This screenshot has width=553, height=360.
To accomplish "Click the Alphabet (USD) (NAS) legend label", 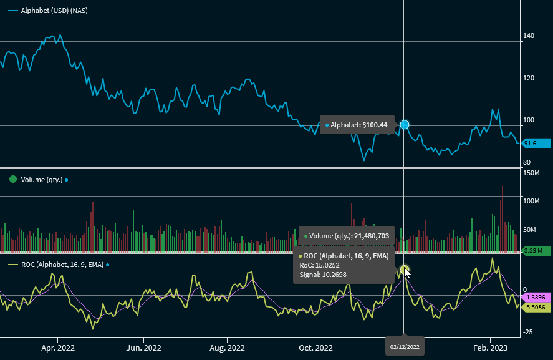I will click(54, 11).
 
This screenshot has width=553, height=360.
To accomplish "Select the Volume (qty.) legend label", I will click(42, 180).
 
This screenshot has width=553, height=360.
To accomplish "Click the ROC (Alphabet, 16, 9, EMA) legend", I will click(62, 265).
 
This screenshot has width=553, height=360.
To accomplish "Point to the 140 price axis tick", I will click(529, 36).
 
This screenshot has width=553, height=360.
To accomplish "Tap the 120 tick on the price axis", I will click(529, 79).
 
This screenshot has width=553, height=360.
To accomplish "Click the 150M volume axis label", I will click(532, 172).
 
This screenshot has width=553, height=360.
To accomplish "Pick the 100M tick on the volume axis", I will click(532, 201).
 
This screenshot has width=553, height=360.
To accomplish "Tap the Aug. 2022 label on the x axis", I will click(227, 347).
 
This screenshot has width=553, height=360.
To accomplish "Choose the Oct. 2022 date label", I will click(315, 347).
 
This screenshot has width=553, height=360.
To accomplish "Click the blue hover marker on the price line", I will click(405, 125).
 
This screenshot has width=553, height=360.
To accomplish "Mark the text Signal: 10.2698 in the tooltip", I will click(323, 275).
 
